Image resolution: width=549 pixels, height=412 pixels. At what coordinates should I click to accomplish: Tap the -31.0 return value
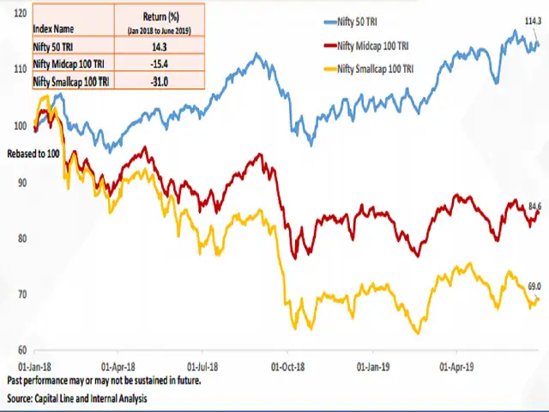pos(155,81)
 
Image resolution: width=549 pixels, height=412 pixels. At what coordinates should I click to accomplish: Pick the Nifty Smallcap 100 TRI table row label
pos(70,81)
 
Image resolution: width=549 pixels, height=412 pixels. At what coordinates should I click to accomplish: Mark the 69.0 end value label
pos(534,286)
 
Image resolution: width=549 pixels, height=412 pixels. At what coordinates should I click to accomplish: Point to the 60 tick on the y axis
pos(22,350)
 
